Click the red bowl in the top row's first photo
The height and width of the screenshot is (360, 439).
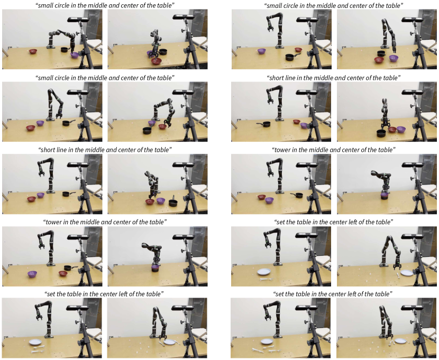click(x=33, y=51)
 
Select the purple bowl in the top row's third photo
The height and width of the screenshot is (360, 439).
click(x=261, y=51)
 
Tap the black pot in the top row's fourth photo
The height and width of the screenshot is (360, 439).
click(x=381, y=53)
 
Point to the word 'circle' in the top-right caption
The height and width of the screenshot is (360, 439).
click(x=289, y=5)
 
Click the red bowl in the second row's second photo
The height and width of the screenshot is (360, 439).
click(x=162, y=127)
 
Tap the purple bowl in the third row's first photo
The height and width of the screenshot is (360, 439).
click(x=41, y=195)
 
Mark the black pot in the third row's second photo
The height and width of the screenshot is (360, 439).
click(x=173, y=202)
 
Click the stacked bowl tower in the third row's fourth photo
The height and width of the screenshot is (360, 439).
click(x=385, y=196)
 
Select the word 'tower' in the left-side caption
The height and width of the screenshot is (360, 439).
click(x=53, y=222)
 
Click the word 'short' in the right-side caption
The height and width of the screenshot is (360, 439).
click(x=277, y=78)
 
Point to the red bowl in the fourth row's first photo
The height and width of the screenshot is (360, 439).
click(x=63, y=273)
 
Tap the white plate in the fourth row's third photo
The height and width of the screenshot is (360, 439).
click(x=264, y=271)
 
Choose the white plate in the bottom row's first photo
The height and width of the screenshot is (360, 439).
click(x=35, y=342)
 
